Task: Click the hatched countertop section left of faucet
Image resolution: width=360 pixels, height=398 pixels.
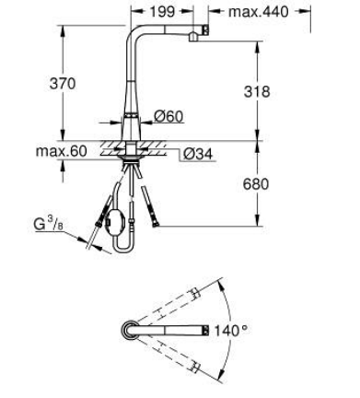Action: coord(108,145)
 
